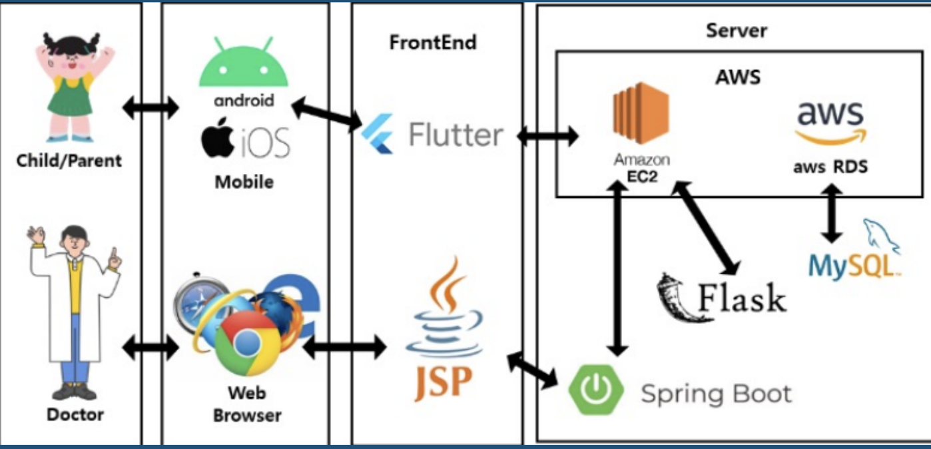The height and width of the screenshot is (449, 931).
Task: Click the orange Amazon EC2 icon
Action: [641, 113]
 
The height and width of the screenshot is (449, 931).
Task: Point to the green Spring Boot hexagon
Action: [596, 390]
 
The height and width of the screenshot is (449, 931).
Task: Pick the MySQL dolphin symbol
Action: [880, 236]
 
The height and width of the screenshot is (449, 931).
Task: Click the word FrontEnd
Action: [433, 43]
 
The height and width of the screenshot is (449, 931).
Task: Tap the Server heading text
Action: [737, 31]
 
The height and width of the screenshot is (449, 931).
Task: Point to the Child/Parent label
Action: [69, 161]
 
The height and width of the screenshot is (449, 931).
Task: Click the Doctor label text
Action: [75, 414]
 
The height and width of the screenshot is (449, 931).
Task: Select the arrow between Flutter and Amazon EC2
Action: [547, 136]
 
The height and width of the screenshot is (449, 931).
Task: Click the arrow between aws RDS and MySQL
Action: [832, 213]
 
